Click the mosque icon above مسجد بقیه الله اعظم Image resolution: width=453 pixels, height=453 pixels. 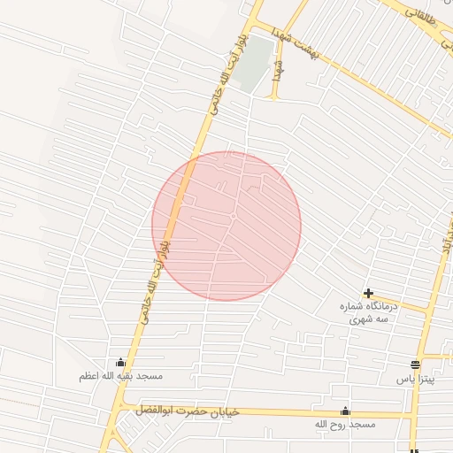[120, 363]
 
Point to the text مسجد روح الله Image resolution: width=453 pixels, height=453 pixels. [345, 425]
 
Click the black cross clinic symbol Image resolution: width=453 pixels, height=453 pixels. [368, 293]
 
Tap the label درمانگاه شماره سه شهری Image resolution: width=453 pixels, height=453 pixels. [370, 311]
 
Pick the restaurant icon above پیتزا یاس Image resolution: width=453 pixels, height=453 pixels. [416, 365]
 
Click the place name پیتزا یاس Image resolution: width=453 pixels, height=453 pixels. [415, 378]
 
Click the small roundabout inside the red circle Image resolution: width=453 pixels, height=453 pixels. [233, 216]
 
